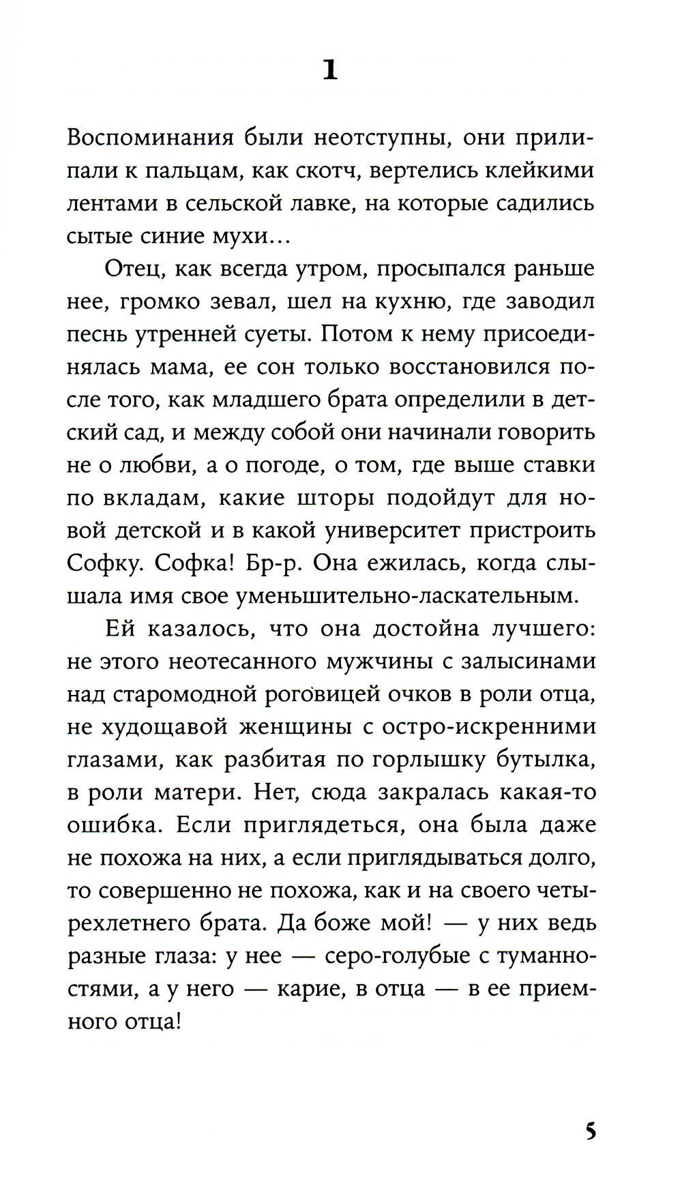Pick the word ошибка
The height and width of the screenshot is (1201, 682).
[115, 826]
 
